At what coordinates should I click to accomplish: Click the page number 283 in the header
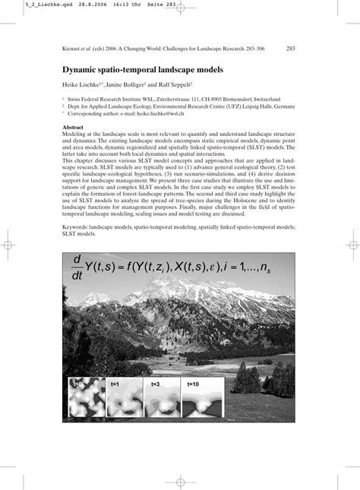pyautogui.click(x=291, y=49)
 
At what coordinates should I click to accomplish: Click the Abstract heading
pyautogui.click(x=73, y=127)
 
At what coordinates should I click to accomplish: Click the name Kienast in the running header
pyautogui.click(x=73, y=49)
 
